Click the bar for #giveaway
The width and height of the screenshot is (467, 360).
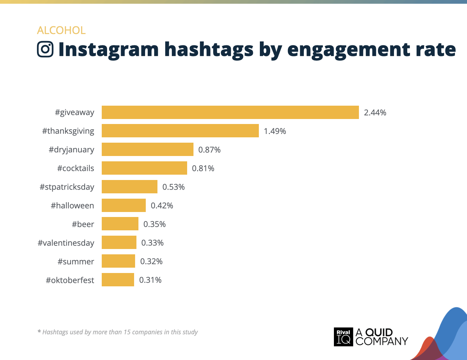(x=230, y=112)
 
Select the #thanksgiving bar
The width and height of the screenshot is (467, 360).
(x=180, y=131)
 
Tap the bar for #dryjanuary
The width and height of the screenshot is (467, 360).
(x=147, y=149)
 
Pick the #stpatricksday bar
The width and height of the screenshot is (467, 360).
(x=129, y=187)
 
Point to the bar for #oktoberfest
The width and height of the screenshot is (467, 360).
(x=118, y=280)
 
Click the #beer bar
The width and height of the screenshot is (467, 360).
(x=120, y=224)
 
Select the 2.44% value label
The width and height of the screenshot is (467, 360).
(x=375, y=113)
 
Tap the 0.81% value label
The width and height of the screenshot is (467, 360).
(x=203, y=168)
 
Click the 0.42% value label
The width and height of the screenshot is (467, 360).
(x=162, y=206)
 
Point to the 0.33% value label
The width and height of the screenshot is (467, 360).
(x=152, y=243)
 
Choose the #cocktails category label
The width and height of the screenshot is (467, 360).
(x=76, y=168)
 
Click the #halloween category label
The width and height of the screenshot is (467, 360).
(x=72, y=206)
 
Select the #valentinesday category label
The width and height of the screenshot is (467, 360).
(x=66, y=243)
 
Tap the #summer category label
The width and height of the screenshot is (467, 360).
(x=76, y=262)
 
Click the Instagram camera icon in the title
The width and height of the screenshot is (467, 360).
(x=45, y=49)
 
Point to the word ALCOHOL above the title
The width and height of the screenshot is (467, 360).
(x=61, y=30)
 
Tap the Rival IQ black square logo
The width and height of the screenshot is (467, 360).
(x=343, y=337)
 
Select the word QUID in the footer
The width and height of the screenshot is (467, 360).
(x=379, y=332)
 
